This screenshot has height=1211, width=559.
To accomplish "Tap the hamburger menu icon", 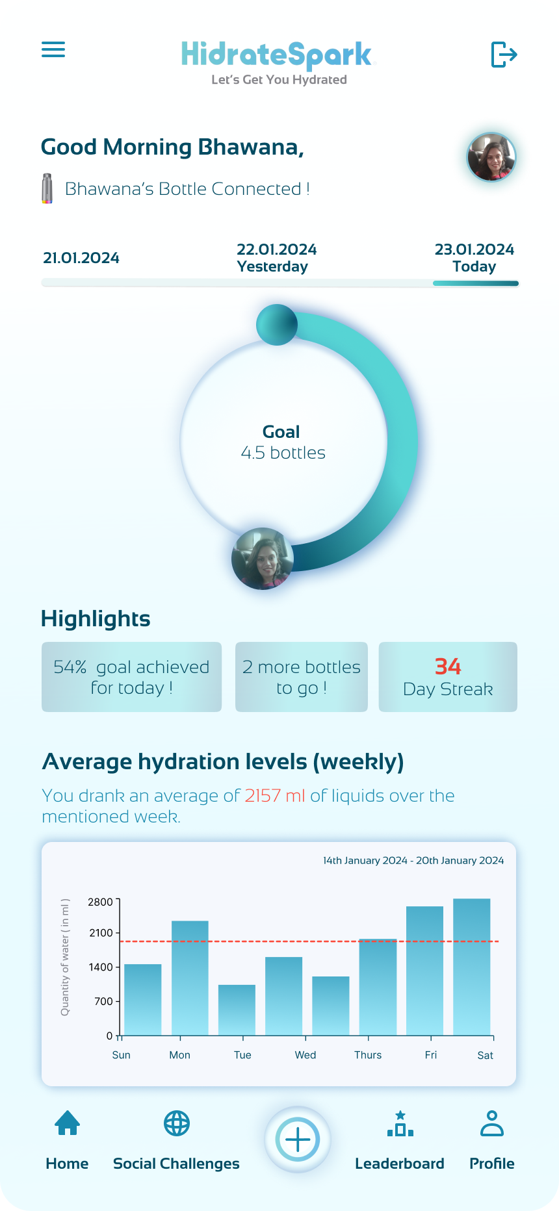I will click(53, 49).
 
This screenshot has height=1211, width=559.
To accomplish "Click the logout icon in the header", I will click(504, 54).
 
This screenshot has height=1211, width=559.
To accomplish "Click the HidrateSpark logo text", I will click(278, 55).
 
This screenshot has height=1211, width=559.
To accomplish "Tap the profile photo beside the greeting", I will click(491, 157).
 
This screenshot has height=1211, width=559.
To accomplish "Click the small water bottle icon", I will click(47, 188).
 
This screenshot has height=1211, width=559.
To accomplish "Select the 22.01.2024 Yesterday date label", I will click(276, 258).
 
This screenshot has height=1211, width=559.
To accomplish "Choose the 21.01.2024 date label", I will click(81, 258).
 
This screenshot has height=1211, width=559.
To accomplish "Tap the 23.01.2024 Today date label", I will click(474, 258).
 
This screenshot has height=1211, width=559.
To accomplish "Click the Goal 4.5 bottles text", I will click(283, 442).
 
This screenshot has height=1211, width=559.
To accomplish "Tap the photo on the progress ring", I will click(263, 559).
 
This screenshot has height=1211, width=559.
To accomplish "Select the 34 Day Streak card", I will click(448, 677).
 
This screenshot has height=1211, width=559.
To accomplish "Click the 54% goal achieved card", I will click(131, 677).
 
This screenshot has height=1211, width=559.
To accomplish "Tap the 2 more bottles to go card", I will click(301, 677).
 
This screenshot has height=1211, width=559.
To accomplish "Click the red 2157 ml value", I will click(275, 796).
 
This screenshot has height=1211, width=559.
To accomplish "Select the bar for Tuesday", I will click(237, 1010).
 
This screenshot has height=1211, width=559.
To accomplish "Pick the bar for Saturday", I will click(471, 967).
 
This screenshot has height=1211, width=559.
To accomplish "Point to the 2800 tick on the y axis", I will click(101, 902).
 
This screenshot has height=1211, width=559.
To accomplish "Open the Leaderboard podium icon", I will click(400, 1124).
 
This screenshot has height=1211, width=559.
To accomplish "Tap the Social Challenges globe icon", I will click(176, 1123).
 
